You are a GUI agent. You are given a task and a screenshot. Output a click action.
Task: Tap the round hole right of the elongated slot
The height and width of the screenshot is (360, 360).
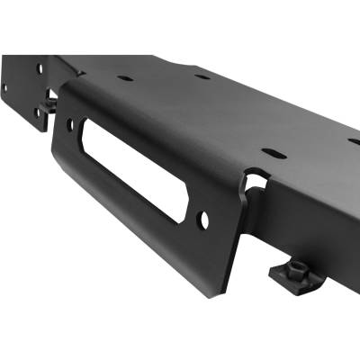click(x=203, y=218)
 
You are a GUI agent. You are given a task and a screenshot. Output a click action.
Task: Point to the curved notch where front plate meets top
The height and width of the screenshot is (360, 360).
click(x=255, y=180)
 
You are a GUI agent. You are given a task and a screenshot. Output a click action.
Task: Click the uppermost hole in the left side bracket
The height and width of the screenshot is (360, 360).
click(x=39, y=68)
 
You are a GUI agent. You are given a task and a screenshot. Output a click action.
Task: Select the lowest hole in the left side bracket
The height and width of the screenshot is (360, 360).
click(x=38, y=113)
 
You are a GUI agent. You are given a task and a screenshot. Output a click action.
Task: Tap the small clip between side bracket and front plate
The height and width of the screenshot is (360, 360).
click(x=48, y=104)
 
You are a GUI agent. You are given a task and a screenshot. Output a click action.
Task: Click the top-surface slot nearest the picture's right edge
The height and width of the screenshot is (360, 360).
click(x=354, y=141)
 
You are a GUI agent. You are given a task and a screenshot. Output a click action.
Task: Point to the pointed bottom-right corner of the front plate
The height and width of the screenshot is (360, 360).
click(x=213, y=295)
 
